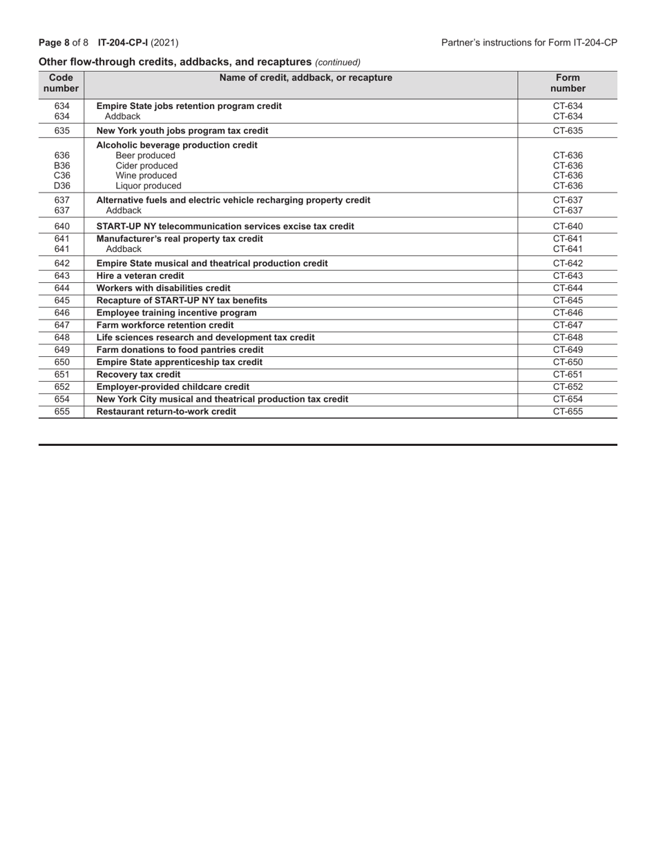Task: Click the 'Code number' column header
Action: [x=61, y=83]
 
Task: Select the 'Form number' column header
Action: [x=568, y=83]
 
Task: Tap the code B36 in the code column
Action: [x=62, y=166]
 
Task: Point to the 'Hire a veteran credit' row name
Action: [x=140, y=275]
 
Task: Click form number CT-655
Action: [x=568, y=411]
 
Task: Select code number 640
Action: [x=62, y=226]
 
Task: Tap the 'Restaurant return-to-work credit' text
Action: [x=166, y=411]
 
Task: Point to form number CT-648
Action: [x=568, y=338]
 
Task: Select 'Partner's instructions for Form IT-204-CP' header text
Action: [x=529, y=43]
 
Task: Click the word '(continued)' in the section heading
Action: [x=338, y=62]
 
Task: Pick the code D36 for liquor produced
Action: [x=62, y=186]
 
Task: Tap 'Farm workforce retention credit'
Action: [x=164, y=325]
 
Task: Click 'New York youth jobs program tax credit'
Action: [x=182, y=130]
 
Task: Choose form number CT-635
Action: [x=568, y=130]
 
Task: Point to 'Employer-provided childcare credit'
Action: [x=173, y=387]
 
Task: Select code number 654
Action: [x=62, y=399]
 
